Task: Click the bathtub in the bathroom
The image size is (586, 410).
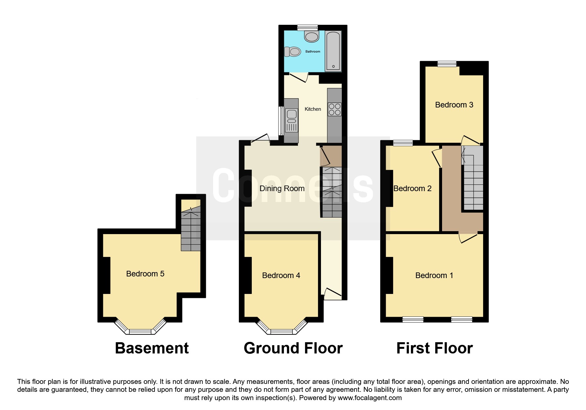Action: pos(333,51)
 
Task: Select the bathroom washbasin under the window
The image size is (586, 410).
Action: pos(312,36)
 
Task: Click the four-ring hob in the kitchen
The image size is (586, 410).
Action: pos(334,109)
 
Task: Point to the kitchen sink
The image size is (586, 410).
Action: pos(292,120)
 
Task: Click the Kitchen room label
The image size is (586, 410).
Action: pos(313,109)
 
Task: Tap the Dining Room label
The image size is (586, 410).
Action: pos(282,188)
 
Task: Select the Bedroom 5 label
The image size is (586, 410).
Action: pos(145,274)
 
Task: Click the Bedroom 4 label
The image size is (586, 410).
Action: pos(281,275)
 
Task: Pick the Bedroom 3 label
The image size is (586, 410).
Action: pos(454,105)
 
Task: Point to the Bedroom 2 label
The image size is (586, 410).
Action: pos(412,188)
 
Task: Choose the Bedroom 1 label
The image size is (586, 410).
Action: pos(434,275)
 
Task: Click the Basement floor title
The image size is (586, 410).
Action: pos(152,348)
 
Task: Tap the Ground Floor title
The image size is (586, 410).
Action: pos(293,348)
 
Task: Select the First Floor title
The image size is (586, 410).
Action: pos(434,348)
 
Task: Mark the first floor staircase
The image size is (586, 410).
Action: pos(473,179)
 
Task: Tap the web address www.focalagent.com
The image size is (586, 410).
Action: pos(370,398)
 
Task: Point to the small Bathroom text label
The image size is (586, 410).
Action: pos(313,52)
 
